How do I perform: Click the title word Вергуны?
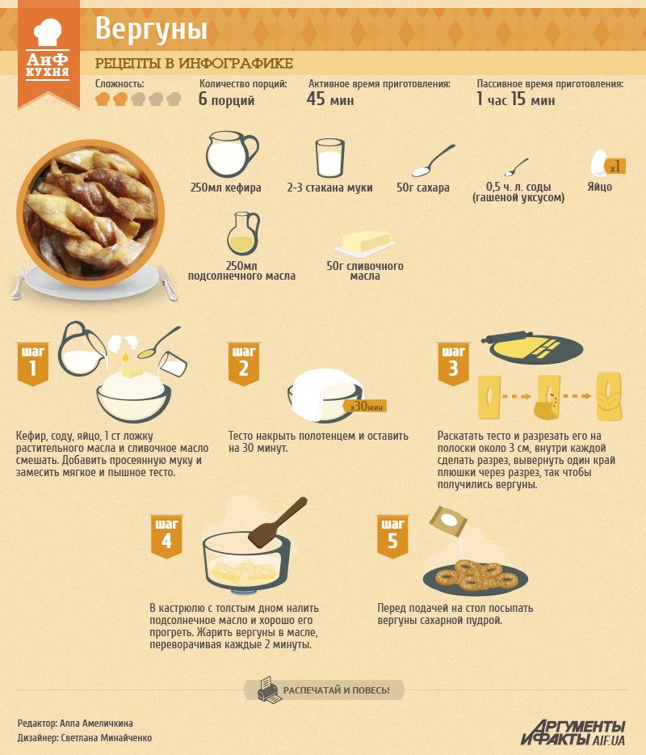coord(151,29)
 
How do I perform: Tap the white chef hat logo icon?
coord(48,32)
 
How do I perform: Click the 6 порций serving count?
coord(227,99)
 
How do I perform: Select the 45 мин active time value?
coord(330,99)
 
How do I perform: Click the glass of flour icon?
coord(330,158)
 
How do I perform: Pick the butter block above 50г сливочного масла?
coord(365,243)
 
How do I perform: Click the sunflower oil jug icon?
coord(243,234)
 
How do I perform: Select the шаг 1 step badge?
coord(33,364)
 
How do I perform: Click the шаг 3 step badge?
coord(453,364)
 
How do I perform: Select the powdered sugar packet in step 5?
coord(448,521)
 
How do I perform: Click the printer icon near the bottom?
coord(268,690)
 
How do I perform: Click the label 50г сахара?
coord(423,188)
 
